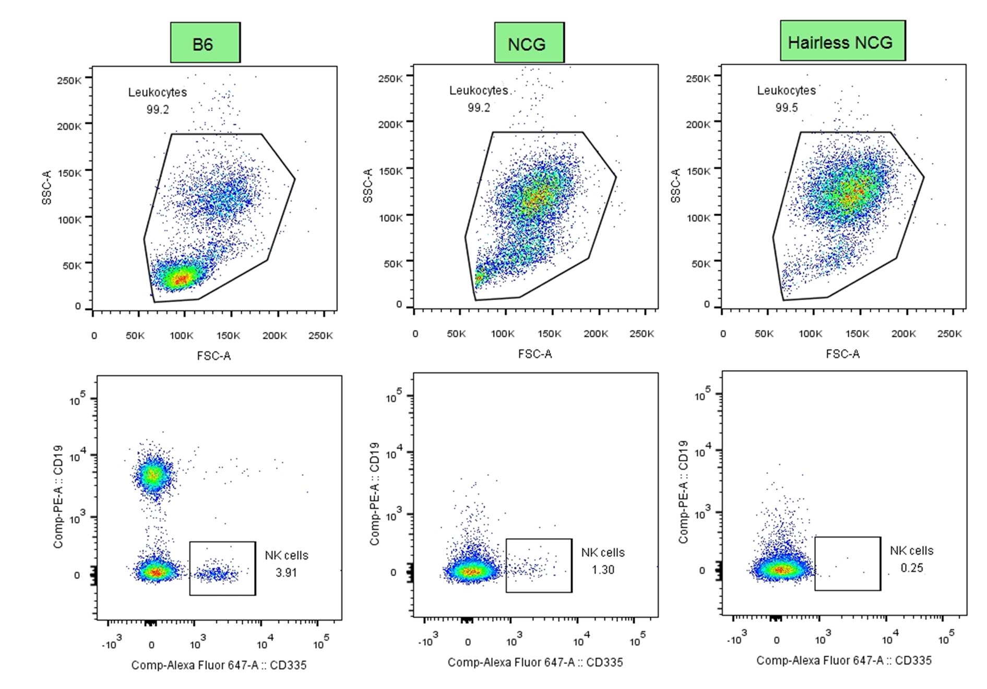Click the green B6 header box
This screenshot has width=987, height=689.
click(x=205, y=43)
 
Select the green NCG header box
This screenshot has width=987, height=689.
click(x=529, y=43)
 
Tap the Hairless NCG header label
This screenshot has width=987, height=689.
click(x=842, y=41)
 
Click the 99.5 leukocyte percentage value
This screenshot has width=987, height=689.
click(x=786, y=108)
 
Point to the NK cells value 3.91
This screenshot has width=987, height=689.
click(x=286, y=573)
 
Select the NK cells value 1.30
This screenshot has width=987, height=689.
click(x=603, y=570)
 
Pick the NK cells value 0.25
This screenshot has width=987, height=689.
click(x=911, y=568)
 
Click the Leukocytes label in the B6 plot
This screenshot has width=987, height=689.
click(x=158, y=92)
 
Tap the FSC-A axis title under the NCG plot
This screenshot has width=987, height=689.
click(x=534, y=354)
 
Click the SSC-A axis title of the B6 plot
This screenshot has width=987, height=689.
click(x=47, y=187)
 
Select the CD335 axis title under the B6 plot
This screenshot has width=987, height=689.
click(x=219, y=665)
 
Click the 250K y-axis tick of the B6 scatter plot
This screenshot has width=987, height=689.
click(x=69, y=80)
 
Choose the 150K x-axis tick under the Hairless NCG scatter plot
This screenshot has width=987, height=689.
click(x=857, y=334)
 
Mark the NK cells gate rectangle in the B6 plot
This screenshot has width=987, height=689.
click(x=222, y=568)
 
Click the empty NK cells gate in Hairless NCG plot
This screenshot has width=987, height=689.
click(x=847, y=564)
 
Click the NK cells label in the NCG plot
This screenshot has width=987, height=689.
click(x=603, y=553)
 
